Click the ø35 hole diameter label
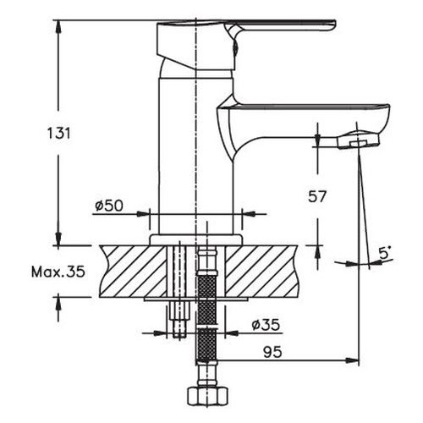tap(265, 324)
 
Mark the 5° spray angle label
tap(384, 252)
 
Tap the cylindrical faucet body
tap(195, 144)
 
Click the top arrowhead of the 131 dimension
tap(59, 25)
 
